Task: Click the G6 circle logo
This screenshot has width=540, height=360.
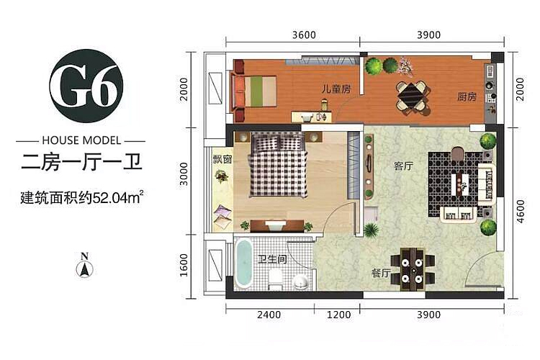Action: (86, 86)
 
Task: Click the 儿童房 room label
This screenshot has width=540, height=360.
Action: (336, 89)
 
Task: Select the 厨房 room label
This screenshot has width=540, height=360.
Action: (467, 96)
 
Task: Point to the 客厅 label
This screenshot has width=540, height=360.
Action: (403, 166)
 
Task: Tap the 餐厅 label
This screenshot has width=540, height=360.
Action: (381, 274)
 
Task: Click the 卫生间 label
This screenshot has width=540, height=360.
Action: (272, 259)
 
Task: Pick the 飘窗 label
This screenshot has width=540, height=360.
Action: (222, 159)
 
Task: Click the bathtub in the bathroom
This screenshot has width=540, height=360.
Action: (243, 264)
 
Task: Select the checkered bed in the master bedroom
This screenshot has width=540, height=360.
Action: (278, 166)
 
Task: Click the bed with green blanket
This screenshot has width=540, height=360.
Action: (255, 91)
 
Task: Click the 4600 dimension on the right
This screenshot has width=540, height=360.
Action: (521, 211)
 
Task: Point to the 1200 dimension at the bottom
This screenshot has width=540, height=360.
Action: (338, 315)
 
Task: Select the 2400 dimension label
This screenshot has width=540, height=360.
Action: (269, 315)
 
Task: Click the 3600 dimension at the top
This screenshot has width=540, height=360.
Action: (304, 35)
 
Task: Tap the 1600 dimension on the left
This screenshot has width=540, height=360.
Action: (184, 265)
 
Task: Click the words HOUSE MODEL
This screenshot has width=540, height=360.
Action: (81, 140)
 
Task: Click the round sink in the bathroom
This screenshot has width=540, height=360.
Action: (302, 282)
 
